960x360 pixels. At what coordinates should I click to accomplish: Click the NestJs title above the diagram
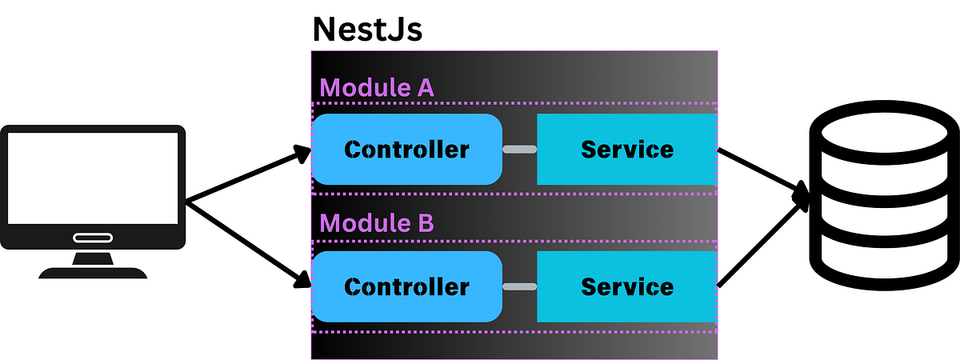(366, 29)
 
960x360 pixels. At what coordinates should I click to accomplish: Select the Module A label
(377, 87)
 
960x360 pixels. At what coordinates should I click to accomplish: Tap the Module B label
(377, 223)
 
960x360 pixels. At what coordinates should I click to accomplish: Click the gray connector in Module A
(519, 150)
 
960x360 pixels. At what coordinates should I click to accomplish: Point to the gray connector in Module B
(519, 286)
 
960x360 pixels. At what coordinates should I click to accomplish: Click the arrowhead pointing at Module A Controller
(302, 153)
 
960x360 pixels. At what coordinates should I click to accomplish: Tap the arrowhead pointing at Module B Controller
(302, 280)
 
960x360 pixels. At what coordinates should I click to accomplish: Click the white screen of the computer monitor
(93, 178)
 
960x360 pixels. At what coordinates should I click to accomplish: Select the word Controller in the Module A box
(406, 150)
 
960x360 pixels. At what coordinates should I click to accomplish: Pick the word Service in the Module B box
(626, 286)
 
